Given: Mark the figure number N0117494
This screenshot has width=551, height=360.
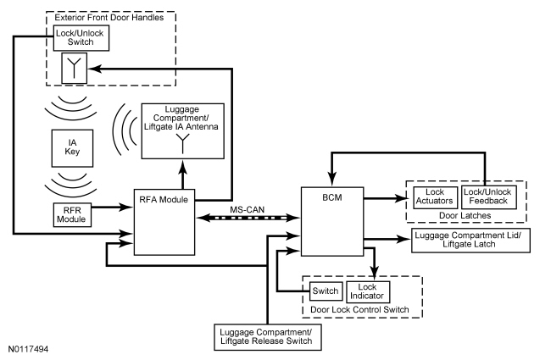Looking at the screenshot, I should [x=29, y=348].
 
